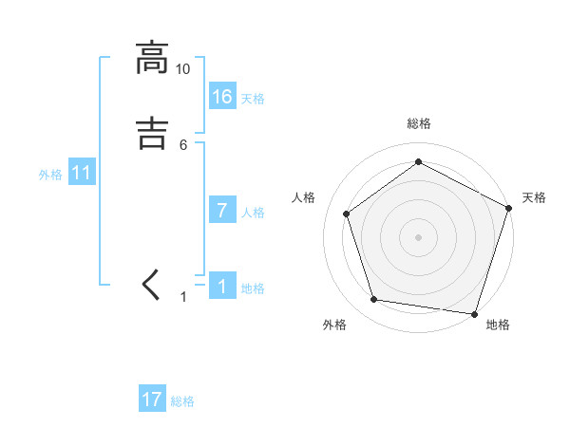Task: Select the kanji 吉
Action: click(x=152, y=133)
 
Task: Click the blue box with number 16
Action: click(x=222, y=96)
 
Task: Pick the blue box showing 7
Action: click(x=222, y=211)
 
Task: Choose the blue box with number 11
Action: click(x=82, y=174)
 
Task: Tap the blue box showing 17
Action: click(x=152, y=400)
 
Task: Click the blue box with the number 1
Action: click(x=222, y=287)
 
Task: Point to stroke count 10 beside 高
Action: click(x=183, y=69)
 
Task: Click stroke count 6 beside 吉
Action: click(x=183, y=144)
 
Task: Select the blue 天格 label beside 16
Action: click(x=253, y=99)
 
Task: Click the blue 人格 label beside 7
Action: click(x=253, y=213)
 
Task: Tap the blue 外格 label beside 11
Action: click(x=50, y=176)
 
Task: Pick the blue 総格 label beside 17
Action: click(x=182, y=401)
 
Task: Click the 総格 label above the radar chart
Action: click(x=418, y=123)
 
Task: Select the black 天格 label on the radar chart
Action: click(x=534, y=197)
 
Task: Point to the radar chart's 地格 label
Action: click(x=498, y=325)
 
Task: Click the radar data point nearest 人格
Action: click(x=347, y=214)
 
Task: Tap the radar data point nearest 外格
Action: click(x=374, y=300)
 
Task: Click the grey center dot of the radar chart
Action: click(x=418, y=236)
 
